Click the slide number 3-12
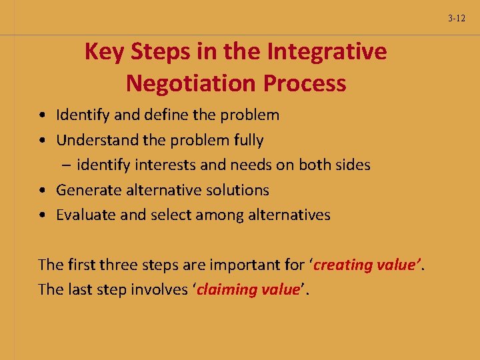[x=457, y=19]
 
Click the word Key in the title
[x=100, y=51]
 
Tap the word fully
[x=247, y=140]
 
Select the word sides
[x=353, y=165]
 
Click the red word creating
[x=343, y=265]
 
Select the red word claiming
[x=227, y=289]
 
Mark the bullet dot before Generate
[x=43, y=191]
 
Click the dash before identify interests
[x=68, y=165]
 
